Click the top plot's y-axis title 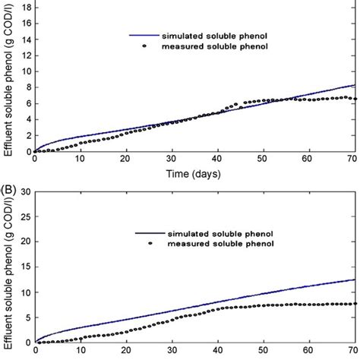(8, 84)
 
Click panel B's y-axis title (8, 270)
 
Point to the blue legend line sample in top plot (143, 34)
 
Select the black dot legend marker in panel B (150, 243)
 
